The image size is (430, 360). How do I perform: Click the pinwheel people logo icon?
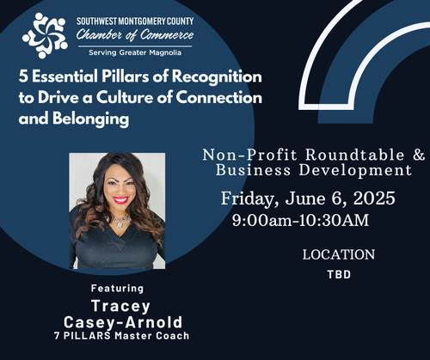coord(45,35)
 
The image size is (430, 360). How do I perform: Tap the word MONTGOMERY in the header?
coord(142,21)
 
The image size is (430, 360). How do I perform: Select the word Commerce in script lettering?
coord(167,35)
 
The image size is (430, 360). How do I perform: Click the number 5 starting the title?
coord(23,76)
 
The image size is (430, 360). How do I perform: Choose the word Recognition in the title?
coord(217,77)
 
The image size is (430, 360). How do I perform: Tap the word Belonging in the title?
coord(91,119)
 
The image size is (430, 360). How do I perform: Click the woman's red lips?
coord(120,200)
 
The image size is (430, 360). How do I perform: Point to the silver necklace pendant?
coord(120,224)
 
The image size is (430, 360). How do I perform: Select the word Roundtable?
coord(355,155)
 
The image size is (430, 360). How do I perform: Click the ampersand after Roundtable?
coord(419,155)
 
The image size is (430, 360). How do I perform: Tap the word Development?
coord(355,171)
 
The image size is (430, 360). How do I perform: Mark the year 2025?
coord(374,198)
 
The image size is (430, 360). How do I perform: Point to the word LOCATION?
coord(339,254)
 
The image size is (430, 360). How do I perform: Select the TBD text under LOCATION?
coord(339,275)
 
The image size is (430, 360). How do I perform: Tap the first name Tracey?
coord(120,307)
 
